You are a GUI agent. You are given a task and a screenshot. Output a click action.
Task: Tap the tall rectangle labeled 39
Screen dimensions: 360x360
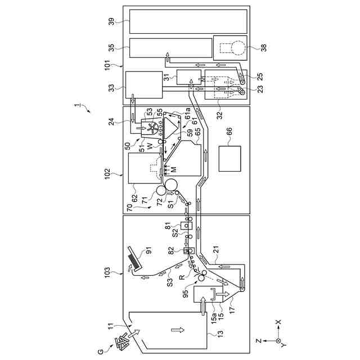(188, 21)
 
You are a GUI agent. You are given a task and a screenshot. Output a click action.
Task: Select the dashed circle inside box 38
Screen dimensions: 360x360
(237, 48)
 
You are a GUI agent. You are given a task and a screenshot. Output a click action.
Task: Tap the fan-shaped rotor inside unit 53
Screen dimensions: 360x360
(150, 126)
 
